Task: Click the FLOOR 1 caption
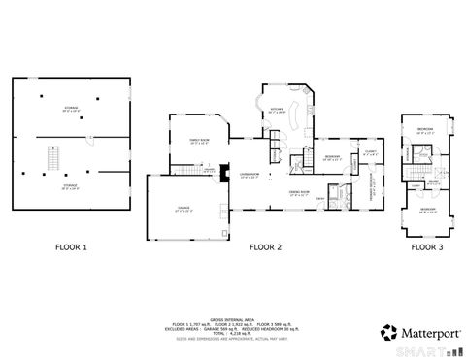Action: pyautogui.click(x=71, y=247)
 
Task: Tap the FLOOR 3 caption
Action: pyautogui.click(x=425, y=247)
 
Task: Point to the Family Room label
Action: pyautogui.click(x=198, y=141)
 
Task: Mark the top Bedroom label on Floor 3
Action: pyautogui.click(x=425, y=129)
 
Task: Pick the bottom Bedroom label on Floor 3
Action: pyautogui.click(x=427, y=209)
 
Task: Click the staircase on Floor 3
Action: pyautogui.click(x=423, y=154)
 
